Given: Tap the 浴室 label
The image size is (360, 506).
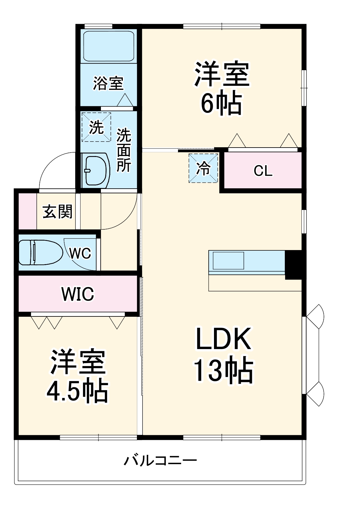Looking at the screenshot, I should [108, 83].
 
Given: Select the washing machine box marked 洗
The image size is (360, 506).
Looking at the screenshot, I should [96, 127].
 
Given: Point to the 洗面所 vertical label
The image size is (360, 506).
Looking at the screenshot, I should [124, 150].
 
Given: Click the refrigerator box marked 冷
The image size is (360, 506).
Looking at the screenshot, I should [203, 169].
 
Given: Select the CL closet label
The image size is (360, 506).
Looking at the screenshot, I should [263, 171].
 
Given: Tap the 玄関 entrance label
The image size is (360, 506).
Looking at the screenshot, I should [58, 212].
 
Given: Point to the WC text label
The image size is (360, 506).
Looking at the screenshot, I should [80, 253].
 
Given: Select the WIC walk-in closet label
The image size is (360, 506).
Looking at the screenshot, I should [78, 294].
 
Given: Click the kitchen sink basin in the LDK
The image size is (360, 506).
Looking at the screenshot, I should [228, 260].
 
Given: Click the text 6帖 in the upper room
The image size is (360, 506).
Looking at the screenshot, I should [221, 103].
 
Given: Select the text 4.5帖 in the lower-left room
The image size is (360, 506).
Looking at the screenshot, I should [77, 391].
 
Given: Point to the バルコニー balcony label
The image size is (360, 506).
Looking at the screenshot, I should [160, 461].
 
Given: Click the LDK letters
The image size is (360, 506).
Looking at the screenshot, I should [223, 339].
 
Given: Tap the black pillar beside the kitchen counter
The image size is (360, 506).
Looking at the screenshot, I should [293, 265].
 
